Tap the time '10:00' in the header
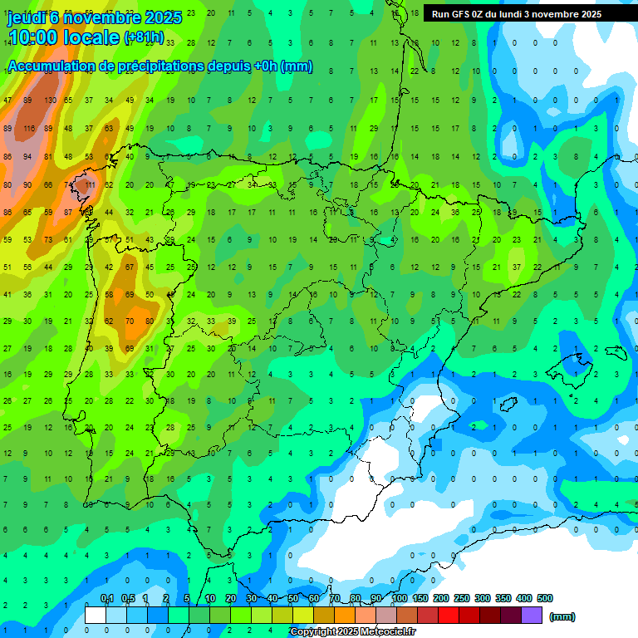(x=34, y=37)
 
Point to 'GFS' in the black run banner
(x=462, y=14)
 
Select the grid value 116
(x=28, y=128)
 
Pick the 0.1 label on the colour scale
(x=106, y=598)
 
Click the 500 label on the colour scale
(x=545, y=598)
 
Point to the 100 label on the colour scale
(x=399, y=598)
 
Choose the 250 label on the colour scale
(x=462, y=598)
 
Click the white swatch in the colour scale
(x=96, y=615)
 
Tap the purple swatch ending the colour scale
(x=532, y=615)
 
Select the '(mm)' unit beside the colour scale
(x=562, y=616)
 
